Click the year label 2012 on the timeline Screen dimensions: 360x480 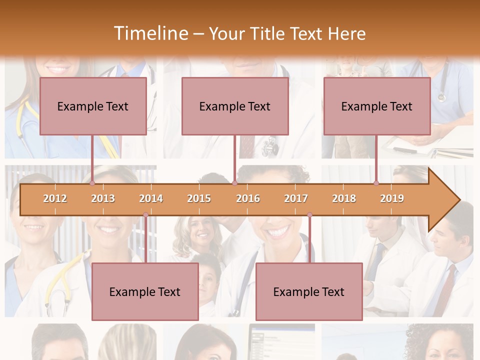coord(55,198)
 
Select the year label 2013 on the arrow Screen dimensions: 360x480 coord(103,198)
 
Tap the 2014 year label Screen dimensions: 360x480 coord(151,198)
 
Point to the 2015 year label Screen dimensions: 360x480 coord(199,198)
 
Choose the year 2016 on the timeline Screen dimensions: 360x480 coord(248,198)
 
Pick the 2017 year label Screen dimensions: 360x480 coord(296,198)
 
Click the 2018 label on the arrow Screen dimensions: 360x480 coord(344,198)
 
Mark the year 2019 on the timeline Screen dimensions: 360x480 coord(392,198)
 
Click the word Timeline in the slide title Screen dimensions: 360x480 coord(150,33)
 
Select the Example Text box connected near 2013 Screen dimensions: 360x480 coord(93,106)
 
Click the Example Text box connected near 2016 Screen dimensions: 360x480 coord(235,106)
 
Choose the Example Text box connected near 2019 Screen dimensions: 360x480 coord(377,106)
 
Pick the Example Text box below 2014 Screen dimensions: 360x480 coord(145,291)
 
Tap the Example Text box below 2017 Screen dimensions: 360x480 coord(309,291)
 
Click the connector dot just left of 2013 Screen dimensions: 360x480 coord(92,183)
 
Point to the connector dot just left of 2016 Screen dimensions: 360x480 coord(234,183)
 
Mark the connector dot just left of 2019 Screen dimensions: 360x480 coord(376,183)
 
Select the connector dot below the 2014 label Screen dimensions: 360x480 coord(145,215)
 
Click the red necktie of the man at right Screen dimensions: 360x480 coord(446,290)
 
